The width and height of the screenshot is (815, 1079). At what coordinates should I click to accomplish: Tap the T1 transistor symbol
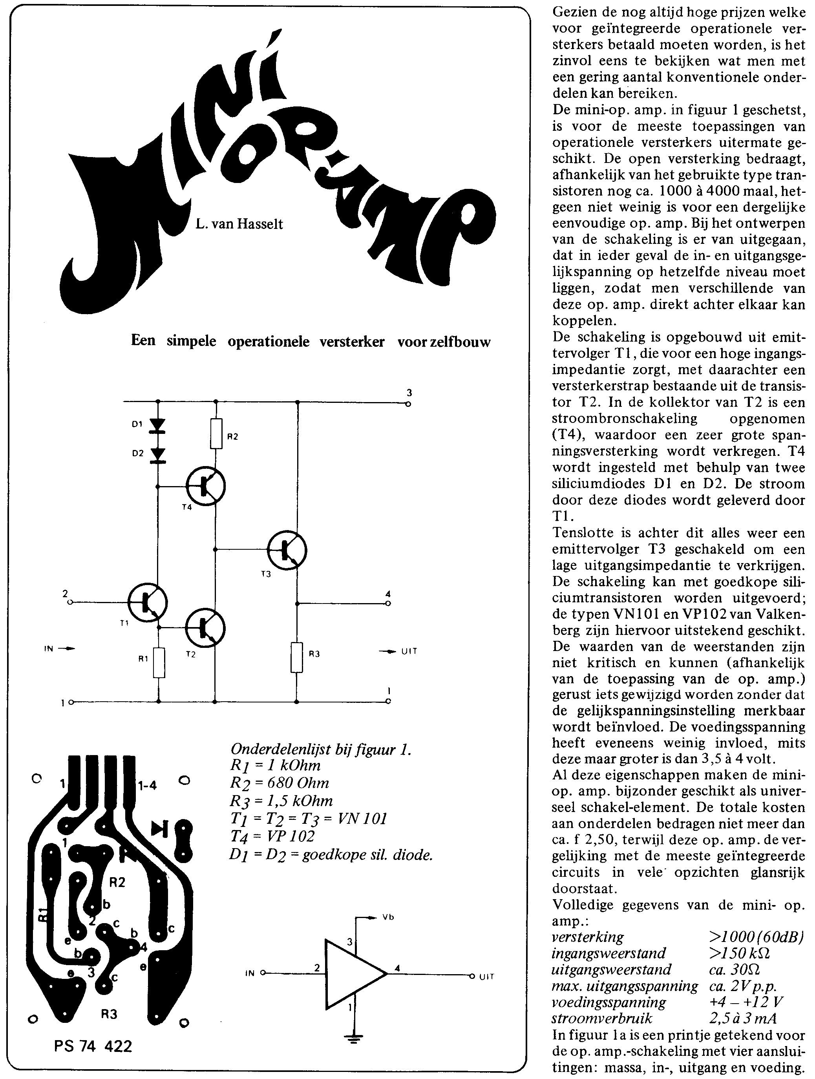148,603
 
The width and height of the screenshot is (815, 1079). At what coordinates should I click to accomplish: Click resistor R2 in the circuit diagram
217,433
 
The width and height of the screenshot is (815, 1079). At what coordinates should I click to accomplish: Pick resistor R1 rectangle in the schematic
158,662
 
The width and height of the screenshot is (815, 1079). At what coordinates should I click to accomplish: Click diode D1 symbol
157,425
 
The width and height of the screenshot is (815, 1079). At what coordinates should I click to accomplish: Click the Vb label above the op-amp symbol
388,917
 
